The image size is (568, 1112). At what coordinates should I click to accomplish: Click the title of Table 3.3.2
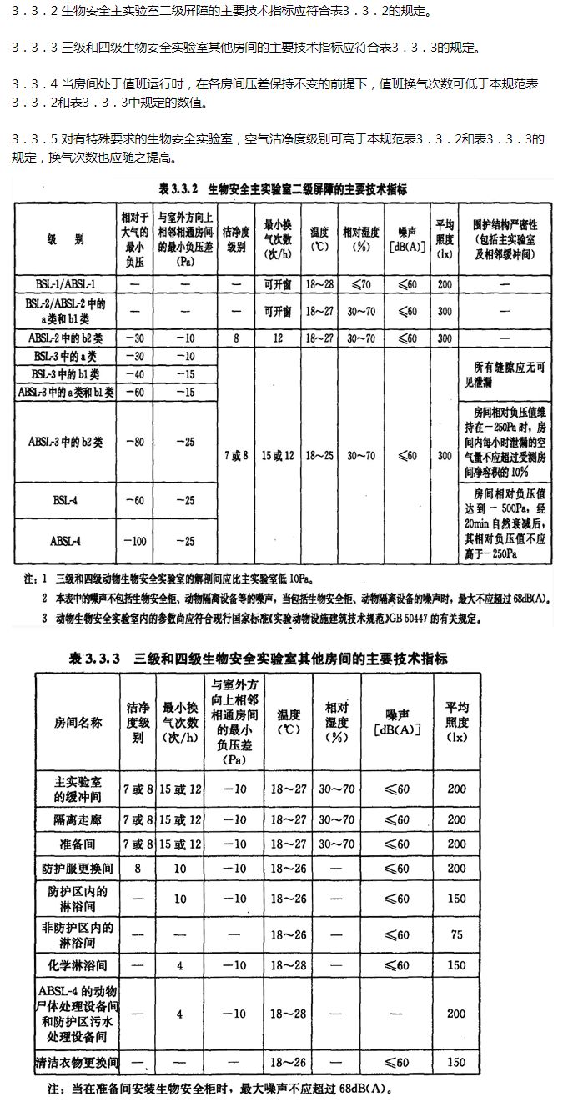283,189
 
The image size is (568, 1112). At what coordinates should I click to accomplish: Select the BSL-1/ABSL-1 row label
67,285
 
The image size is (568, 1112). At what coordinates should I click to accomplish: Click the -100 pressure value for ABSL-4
133,541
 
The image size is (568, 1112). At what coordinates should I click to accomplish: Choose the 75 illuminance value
455,935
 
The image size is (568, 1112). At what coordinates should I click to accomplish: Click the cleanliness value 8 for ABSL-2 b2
236,339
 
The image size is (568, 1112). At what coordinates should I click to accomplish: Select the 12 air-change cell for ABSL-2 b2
277,339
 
